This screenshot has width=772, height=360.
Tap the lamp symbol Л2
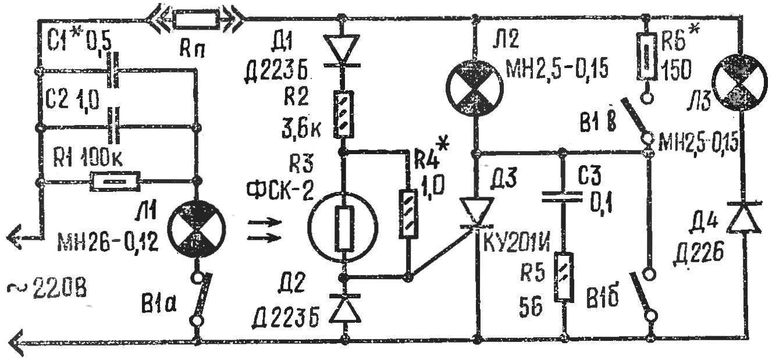(475, 88)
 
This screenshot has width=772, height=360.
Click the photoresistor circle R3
(343, 227)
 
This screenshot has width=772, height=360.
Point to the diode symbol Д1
(342, 51)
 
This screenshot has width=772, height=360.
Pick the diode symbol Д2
(344, 308)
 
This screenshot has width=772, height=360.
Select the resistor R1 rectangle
(115, 181)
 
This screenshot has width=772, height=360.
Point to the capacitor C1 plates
(114, 70)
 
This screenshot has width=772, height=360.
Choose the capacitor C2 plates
(114, 125)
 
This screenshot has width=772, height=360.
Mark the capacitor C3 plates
(562, 197)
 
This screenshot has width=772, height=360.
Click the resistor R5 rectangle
(564, 277)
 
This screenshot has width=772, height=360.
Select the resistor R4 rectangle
(409, 213)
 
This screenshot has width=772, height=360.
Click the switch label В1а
(158, 305)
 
